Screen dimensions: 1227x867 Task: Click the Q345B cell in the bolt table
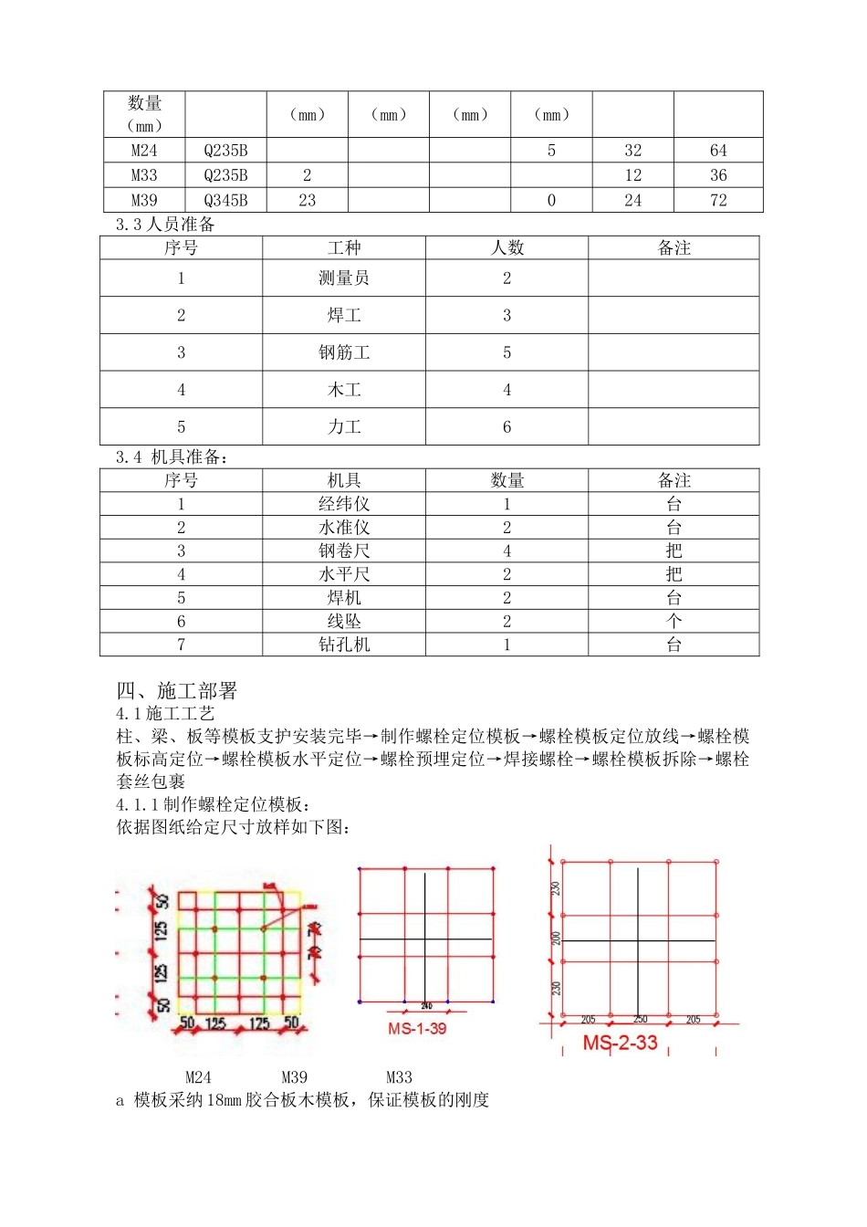(x=225, y=201)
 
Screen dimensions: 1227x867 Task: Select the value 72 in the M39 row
(x=718, y=201)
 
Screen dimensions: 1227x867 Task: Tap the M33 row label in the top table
(x=144, y=175)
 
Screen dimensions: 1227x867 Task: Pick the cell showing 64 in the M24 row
(x=718, y=151)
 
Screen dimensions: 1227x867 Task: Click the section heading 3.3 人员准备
(x=165, y=225)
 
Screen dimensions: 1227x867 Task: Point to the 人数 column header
(x=507, y=248)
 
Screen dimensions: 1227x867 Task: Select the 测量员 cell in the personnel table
(x=344, y=278)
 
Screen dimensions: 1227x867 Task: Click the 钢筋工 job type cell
(x=344, y=353)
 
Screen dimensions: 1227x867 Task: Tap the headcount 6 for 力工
(x=507, y=427)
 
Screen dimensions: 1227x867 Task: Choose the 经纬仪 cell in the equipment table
(x=344, y=504)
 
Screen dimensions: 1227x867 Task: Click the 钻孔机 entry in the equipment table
(x=344, y=645)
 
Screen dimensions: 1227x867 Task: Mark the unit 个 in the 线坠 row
(x=674, y=621)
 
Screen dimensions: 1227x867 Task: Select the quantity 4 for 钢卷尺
(x=507, y=551)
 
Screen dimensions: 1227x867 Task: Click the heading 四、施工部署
(x=177, y=691)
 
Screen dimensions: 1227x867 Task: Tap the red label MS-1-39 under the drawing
(x=417, y=1029)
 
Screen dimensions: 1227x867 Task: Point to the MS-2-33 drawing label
(x=620, y=1043)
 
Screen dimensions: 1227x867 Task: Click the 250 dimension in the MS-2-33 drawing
(x=640, y=1020)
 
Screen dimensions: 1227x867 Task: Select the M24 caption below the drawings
(x=198, y=1077)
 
